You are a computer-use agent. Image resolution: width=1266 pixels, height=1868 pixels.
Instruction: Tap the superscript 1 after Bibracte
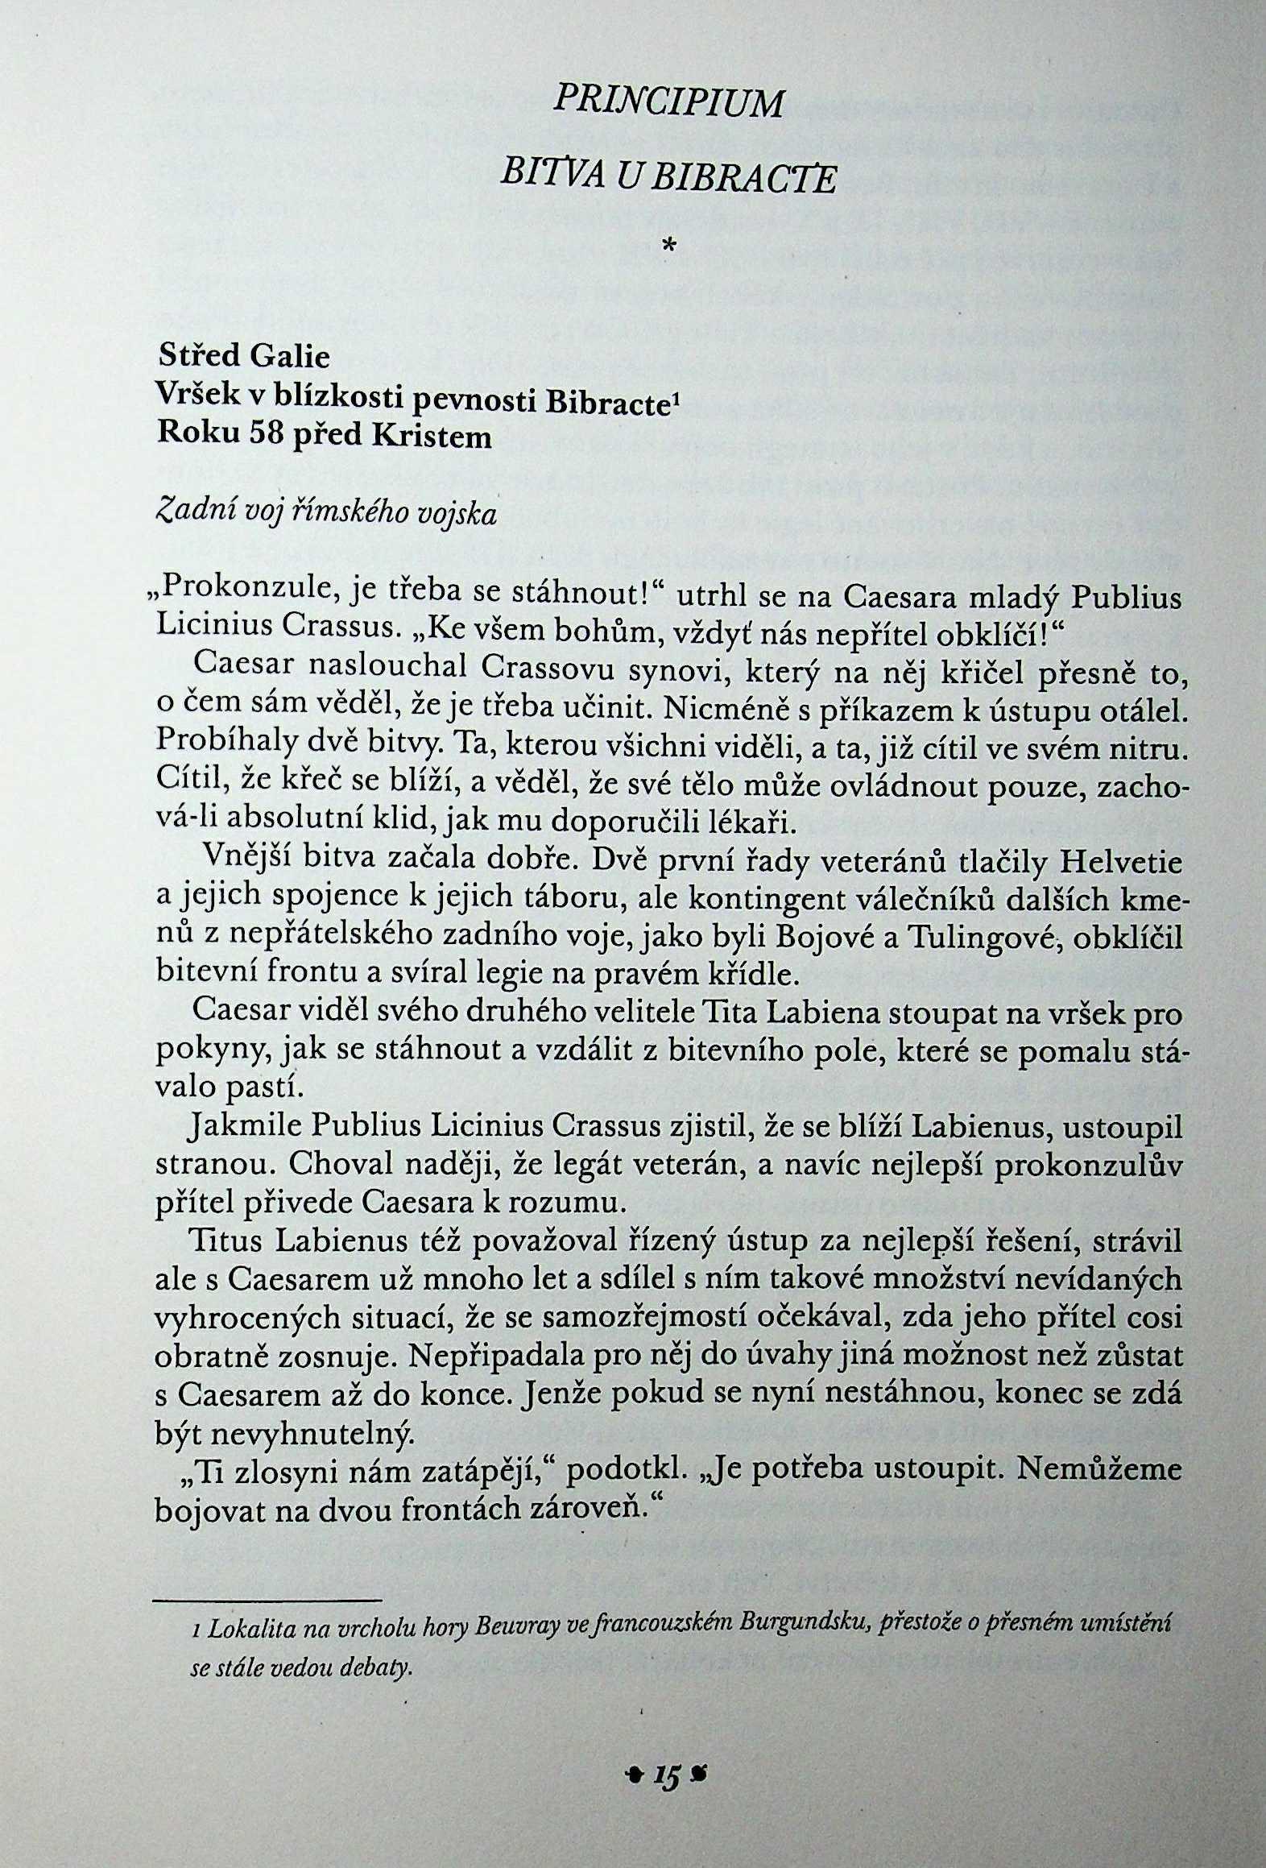[675, 388]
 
